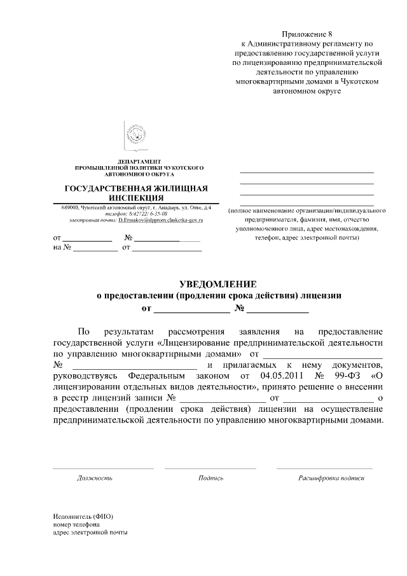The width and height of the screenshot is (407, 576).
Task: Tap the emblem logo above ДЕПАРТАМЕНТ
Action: tap(135, 135)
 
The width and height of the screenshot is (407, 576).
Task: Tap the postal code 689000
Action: tap(71, 208)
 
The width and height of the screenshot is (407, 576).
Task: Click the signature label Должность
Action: tap(95, 477)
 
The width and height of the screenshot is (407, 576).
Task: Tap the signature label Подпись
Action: tap(210, 477)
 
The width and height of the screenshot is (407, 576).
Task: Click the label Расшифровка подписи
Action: tap(331, 477)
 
